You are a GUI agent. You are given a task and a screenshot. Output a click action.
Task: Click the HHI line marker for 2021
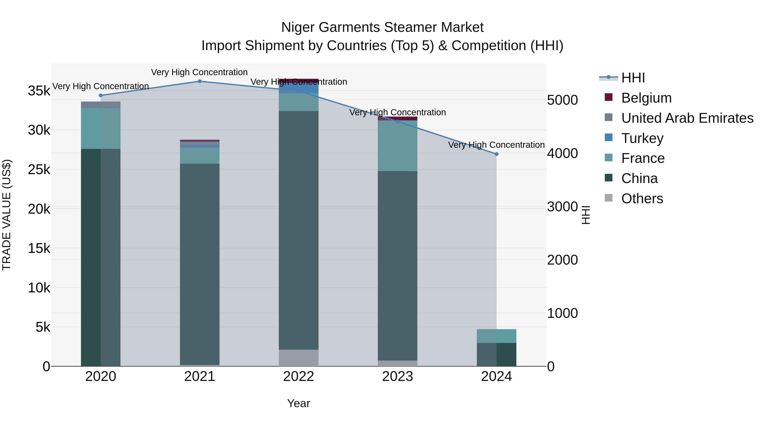[x=200, y=81]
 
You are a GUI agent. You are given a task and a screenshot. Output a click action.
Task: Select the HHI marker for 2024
[x=497, y=154]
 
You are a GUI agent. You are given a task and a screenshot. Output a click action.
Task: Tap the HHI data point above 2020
[x=101, y=96]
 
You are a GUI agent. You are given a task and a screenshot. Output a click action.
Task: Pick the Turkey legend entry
[x=642, y=138]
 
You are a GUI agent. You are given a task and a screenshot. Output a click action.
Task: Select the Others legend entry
[x=642, y=199]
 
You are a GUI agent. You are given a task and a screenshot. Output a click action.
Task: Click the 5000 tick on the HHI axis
[x=562, y=100]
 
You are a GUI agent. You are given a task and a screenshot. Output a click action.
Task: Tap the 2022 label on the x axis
[x=299, y=376]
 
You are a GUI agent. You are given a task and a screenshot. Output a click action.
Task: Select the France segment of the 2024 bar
[x=497, y=336]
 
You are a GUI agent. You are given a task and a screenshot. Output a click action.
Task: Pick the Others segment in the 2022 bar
[x=299, y=358]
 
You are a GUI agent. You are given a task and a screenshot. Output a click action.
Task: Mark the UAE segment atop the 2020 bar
[x=101, y=105]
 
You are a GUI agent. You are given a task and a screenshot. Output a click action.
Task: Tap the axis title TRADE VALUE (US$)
[x=7, y=215]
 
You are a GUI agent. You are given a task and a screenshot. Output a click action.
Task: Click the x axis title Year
[x=299, y=403]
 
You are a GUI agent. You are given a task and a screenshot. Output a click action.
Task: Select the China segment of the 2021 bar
[x=200, y=264]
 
